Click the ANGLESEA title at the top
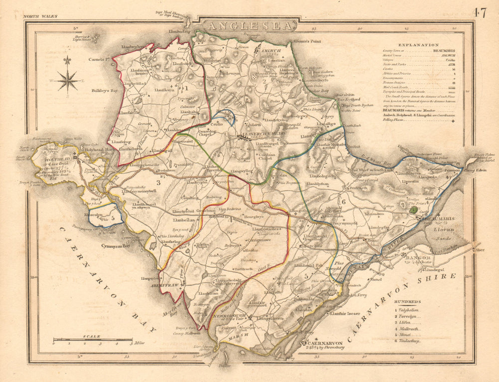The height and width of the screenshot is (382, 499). click(x=248, y=25)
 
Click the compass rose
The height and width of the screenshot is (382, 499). click(x=68, y=80)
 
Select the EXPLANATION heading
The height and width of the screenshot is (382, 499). click(x=412, y=45)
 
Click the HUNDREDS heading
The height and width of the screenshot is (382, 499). click(x=406, y=302)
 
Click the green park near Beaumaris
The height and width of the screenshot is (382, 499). click(x=412, y=210)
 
